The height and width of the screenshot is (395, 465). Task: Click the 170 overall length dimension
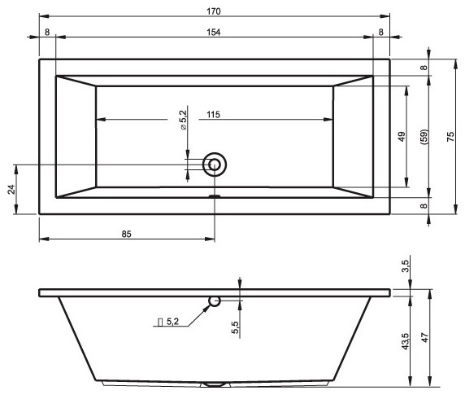coord(215,11)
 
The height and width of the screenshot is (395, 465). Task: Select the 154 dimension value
coord(215,32)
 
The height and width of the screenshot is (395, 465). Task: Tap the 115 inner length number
coord(212,115)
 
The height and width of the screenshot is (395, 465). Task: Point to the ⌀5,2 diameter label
coord(184,120)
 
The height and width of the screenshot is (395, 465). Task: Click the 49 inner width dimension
coord(401,137)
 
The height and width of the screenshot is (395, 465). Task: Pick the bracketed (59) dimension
coord(424,137)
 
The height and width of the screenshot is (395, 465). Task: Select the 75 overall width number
coord(450,137)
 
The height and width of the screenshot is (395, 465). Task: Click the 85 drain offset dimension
coord(127,234)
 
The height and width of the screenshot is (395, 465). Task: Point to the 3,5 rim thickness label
coord(405,267)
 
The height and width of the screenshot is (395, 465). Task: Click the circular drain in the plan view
coord(215,165)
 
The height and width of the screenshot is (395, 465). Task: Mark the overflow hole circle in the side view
coord(215,301)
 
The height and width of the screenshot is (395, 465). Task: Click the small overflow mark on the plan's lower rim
coord(215,196)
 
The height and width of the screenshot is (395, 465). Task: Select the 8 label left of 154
coord(47,32)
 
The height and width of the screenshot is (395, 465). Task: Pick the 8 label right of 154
coord(380,32)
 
